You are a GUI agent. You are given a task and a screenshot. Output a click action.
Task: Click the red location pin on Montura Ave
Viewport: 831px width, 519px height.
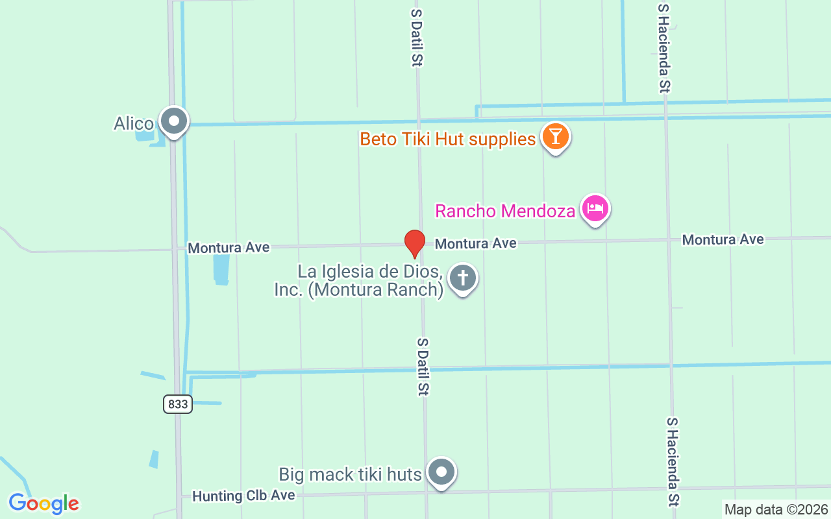click(x=415, y=243)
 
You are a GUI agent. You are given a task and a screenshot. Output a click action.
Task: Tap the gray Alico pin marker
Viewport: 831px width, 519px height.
click(x=174, y=121)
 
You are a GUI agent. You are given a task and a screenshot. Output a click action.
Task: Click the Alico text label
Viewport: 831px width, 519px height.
click(x=134, y=123)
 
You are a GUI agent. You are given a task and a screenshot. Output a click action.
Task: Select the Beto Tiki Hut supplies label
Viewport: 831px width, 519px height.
click(x=448, y=139)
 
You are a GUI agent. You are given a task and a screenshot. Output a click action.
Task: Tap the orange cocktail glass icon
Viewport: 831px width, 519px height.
click(x=556, y=137)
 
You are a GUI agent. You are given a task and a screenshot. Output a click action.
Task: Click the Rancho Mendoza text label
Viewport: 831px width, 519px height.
click(x=505, y=211)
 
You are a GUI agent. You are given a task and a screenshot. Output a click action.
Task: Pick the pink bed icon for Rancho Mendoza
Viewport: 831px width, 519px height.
click(x=595, y=209)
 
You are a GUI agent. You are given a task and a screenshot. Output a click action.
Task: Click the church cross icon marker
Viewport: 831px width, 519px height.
click(x=463, y=278)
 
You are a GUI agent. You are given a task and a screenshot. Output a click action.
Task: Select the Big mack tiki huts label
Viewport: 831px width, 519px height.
click(x=351, y=474)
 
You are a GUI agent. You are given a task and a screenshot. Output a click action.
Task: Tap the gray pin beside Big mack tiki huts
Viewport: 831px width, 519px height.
click(x=442, y=472)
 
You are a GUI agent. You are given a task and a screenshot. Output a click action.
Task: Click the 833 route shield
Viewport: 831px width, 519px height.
click(x=177, y=404)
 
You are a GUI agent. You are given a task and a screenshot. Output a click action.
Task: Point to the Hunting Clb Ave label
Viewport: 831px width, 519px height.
click(x=243, y=496)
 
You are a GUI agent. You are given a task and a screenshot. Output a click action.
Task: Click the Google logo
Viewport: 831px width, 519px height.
click(x=43, y=503)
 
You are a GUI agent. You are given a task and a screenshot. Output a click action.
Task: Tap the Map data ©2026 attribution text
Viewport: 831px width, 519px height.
click(x=776, y=510)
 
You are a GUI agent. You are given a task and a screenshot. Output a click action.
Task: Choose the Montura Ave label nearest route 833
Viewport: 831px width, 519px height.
click(x=229, y=248)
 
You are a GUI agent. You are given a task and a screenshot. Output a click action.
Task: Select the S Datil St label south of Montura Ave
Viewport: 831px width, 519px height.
click(x=423, y=367)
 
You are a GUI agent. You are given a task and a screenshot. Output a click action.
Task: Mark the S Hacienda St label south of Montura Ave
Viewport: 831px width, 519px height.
click(x=673, y=461)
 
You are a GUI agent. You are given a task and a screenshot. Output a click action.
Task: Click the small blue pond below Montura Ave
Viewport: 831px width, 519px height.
click(x=221, y=269)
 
